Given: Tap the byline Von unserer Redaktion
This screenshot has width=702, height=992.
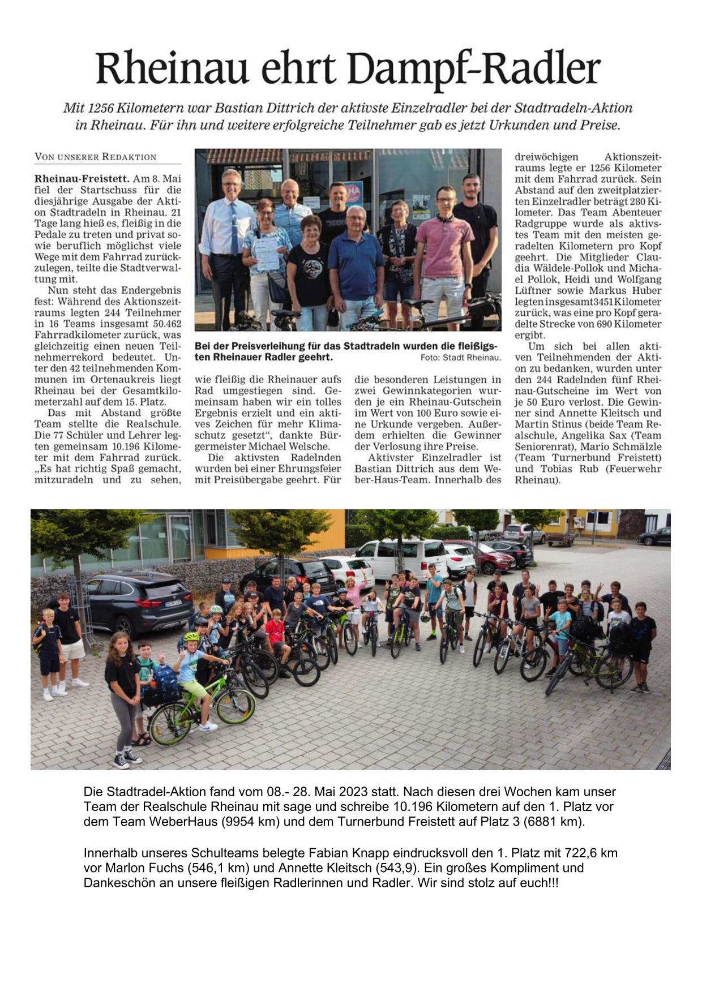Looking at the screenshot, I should [x=95, y=157].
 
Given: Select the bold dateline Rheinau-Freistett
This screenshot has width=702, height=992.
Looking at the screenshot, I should [x=82, y=179].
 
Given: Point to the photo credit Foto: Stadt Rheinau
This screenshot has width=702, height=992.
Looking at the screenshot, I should [x=460, y=358].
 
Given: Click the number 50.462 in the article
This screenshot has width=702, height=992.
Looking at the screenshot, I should [x=163, y=324].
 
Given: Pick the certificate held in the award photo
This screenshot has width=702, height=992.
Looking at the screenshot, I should [x=266, y=251].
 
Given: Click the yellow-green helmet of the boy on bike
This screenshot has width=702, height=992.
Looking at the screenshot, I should [x=191, y=637].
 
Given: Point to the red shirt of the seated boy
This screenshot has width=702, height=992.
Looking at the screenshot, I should [x=275, y=632].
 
